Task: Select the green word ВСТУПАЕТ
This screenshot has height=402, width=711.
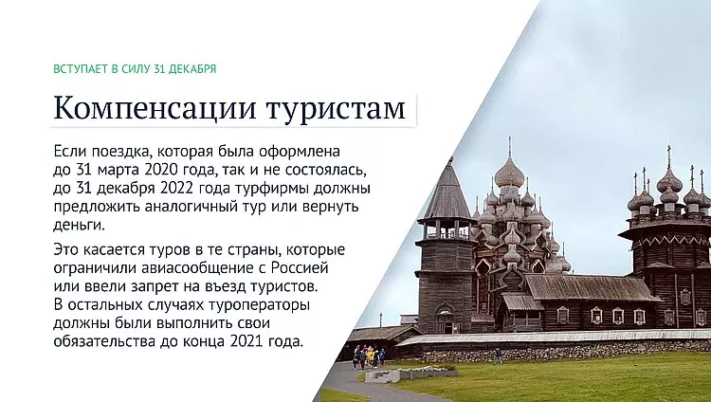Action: [81, 69]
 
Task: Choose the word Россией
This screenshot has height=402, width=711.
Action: [300, 267]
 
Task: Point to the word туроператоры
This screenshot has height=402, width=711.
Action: [259, 305]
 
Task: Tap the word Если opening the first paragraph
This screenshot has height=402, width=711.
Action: [70, 150]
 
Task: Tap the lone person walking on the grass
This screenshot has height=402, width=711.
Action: [499, 355]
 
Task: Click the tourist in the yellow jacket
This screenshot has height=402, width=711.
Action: [371, 355]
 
